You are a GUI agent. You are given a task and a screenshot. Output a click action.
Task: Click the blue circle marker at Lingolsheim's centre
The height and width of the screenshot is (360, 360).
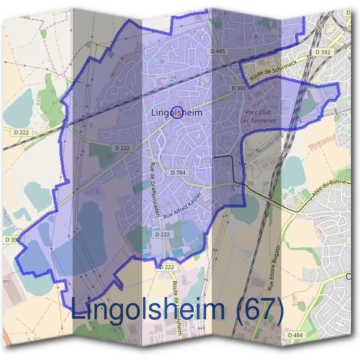click(x=177, y=112)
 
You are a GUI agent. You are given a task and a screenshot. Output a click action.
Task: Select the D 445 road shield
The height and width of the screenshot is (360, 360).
click(x=218, y=51)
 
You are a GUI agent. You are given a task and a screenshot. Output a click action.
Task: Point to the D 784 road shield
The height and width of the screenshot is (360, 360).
click(x=178, y=172)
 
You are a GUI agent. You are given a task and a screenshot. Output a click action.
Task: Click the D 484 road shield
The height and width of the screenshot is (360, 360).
click(x=295, y=335)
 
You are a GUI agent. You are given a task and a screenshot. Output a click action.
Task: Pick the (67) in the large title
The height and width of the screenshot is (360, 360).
click(x=259, y=310)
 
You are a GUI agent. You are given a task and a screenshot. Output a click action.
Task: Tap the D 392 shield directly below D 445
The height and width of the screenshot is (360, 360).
click(x=239, y=88)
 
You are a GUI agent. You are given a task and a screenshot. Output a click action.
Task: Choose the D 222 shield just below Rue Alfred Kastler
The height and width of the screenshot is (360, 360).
click(x=163, y=235)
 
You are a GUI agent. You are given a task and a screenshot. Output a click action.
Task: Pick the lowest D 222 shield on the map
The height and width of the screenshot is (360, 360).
click(x=168, y=266)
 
